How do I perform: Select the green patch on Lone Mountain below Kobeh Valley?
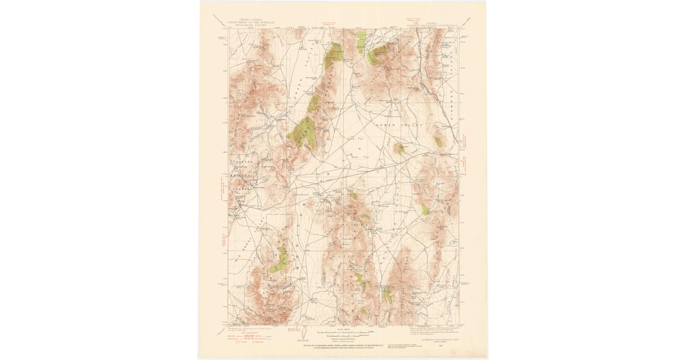(399, 149)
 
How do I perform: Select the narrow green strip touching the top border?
(361, 41)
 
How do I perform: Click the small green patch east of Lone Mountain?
(438, 142)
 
